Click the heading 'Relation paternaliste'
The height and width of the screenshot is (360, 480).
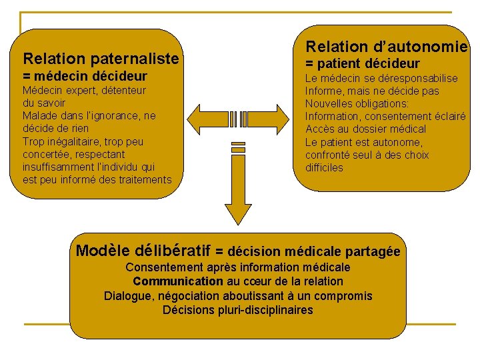point(101,59)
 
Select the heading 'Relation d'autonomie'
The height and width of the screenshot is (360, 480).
point(386,47)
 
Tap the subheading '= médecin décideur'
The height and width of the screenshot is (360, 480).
point(85,76)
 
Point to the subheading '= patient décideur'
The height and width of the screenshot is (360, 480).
point(362,64)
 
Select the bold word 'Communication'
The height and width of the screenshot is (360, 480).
point(177,281)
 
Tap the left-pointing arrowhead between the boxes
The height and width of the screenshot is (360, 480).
point(199,119)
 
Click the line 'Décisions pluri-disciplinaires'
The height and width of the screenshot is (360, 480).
point(238,310)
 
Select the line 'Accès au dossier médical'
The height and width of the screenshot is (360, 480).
point(365,129)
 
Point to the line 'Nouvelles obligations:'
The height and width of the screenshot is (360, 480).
point(357,104)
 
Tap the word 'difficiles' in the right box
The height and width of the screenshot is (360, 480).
point(325,168)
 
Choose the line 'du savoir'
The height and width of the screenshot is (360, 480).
point(44,103)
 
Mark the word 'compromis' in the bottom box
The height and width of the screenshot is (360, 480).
point(347,296)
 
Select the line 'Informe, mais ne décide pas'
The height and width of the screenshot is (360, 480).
point(372,91)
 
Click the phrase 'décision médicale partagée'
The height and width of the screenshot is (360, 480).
point(314,252)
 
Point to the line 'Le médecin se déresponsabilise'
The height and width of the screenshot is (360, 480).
point(381,79)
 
